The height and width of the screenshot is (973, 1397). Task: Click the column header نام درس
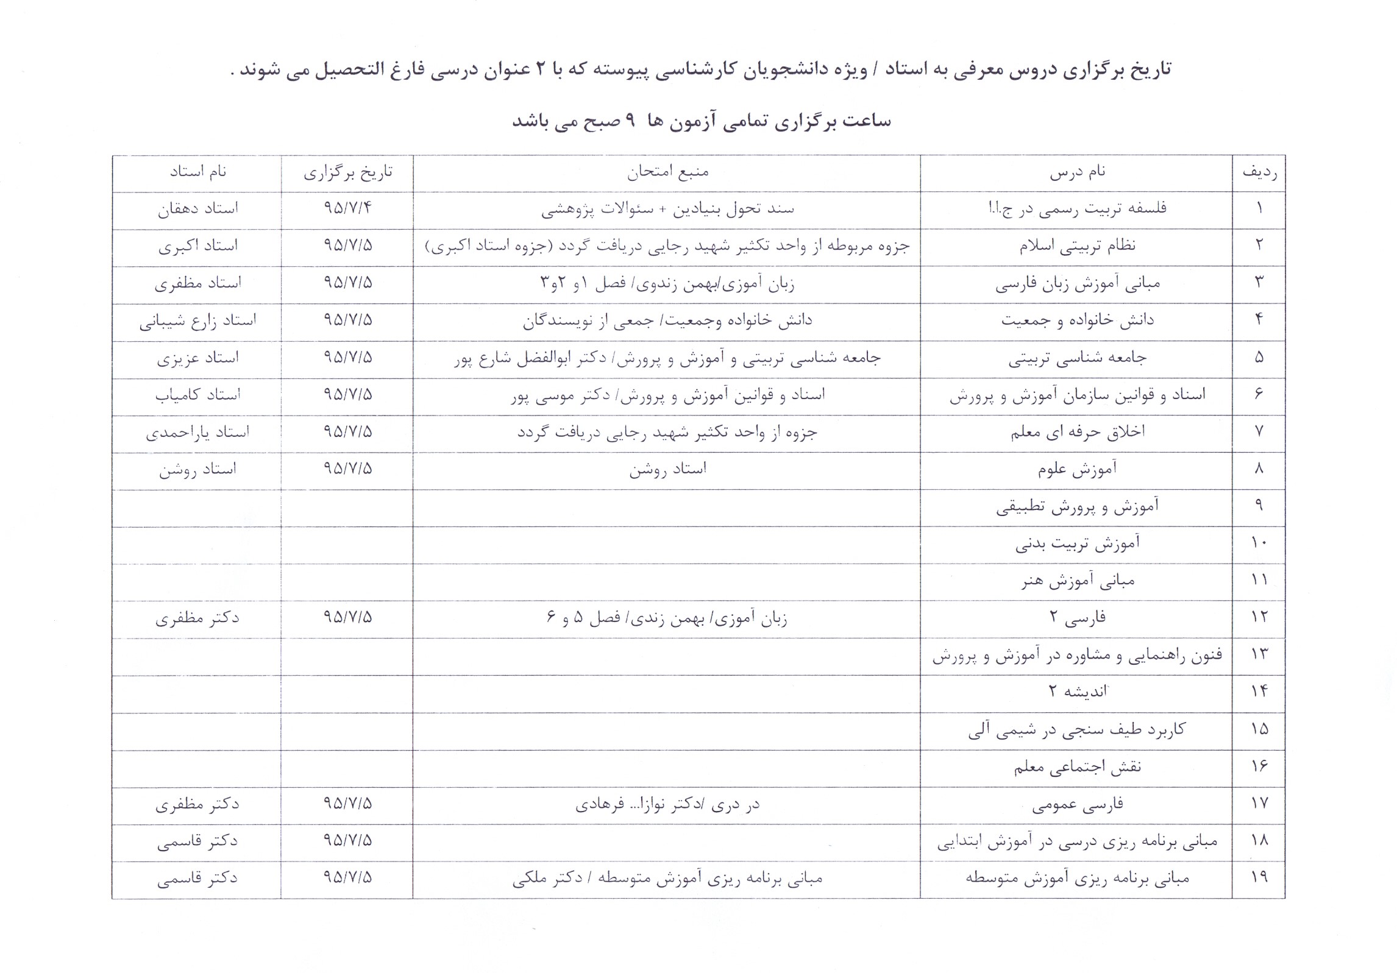coord(1077,173)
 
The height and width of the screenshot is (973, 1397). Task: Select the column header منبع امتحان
coord(667,173)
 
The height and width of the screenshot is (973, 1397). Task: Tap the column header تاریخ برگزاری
coord(348,173)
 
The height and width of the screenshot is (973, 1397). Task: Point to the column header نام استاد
coord(197,173)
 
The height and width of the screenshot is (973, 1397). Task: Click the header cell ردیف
coord(1259,173)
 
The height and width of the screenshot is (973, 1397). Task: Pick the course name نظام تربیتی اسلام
coord(1077,246)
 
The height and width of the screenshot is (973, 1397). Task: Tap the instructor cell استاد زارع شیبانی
coord(197,321)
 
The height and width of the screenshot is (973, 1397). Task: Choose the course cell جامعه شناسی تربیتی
coord(1077,358)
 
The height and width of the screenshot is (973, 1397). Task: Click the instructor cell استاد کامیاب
coord(197,395)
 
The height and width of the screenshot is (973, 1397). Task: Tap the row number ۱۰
coord(1259,543)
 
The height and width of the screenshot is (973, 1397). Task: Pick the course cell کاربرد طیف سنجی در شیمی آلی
coord(1077,730)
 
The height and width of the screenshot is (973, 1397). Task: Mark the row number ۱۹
coord(1259,877)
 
